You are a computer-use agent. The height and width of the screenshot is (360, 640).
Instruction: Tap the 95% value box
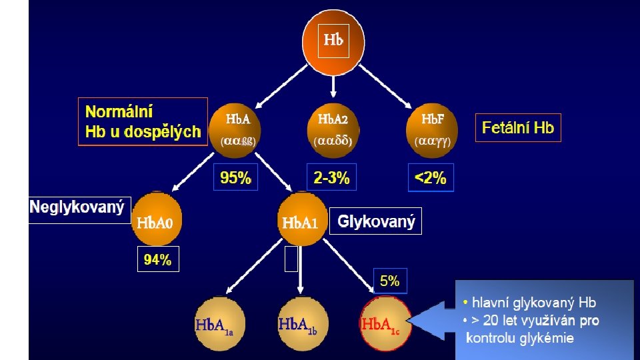click(236, 178)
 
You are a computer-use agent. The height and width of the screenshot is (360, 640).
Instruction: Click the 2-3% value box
click(331, 178)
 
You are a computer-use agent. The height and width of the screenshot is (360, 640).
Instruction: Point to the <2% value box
click(431, 178)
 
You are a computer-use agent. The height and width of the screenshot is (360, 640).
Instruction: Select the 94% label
click(158, 261)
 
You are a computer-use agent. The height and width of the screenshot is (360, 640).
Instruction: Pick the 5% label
click(390, 281)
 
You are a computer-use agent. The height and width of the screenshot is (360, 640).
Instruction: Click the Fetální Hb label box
click(518, 127)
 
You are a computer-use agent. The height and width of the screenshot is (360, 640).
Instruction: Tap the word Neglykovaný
click(77, 207)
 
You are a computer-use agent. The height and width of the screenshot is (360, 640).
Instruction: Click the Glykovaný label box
click(376, 221)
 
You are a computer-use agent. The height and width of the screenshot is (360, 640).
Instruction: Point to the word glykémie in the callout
click(547, 338)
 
